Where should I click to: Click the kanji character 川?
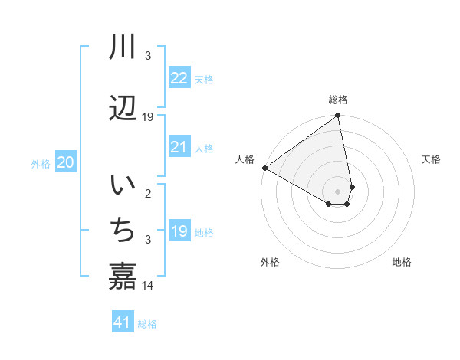tap(123, 47)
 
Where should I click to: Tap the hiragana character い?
tap(123, 185)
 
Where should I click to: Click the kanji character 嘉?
tap(123, 276)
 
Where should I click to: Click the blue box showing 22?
tap(179, 78)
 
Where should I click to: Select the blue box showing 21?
tap(179, 147)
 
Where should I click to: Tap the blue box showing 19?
tap(179, 231)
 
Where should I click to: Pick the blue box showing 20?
tap(66, 162)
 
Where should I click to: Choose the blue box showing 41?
tap(123, 322)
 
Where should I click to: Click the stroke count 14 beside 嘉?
tap(148, 286)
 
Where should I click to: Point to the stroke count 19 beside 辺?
tap(148, 117)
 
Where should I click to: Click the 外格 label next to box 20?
tap(41, 163)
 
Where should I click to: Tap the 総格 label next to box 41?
tap(147, 324)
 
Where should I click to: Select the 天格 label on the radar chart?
tap(431, 159)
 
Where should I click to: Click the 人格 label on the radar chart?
tap(245, 159)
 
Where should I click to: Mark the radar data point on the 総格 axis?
tap(337, 116)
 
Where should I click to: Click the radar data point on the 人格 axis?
tap(264, 168)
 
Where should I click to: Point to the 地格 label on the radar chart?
tap(402, 262)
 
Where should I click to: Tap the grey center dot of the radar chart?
tap(337, 191)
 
